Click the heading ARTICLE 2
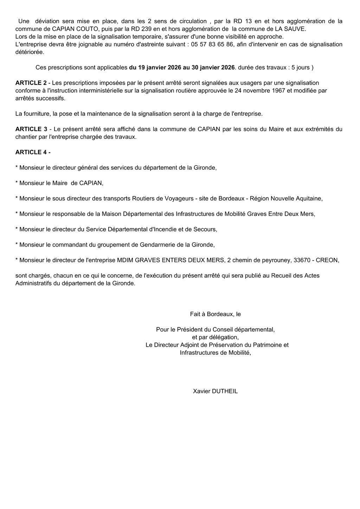[x=31, y=83]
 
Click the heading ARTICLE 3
[x=31, y=129]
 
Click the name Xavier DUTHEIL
[x=215, y=391]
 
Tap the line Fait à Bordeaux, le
[x=215, y=314]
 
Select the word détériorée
[x=30, y=52]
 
